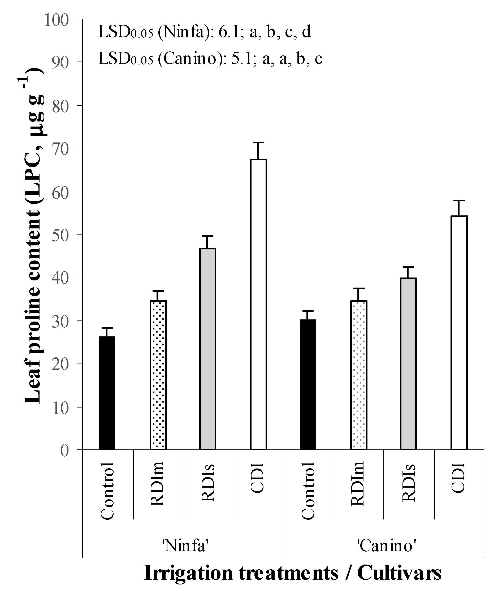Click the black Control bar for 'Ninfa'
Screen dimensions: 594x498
click(107, 393)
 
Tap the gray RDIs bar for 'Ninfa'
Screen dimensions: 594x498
click(208, 349)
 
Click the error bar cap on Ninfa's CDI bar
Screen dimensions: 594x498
click(258, 142)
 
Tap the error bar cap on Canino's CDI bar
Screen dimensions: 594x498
click(459, 201)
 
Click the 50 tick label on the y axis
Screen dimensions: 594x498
click(60, 235)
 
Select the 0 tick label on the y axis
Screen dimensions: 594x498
click(64, 450)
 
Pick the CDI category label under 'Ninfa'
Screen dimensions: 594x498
click(257, 478)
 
